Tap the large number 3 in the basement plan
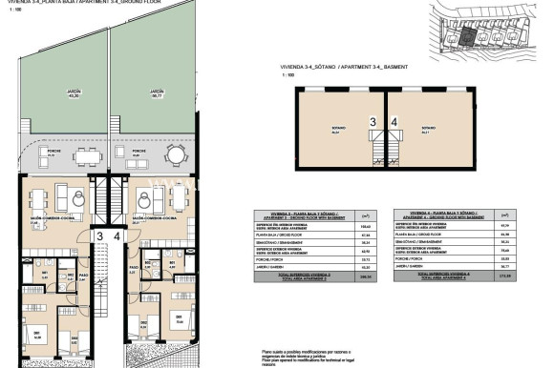coord(373,122)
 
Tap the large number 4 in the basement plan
coord(394,122)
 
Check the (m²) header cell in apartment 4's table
coord(513,216)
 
